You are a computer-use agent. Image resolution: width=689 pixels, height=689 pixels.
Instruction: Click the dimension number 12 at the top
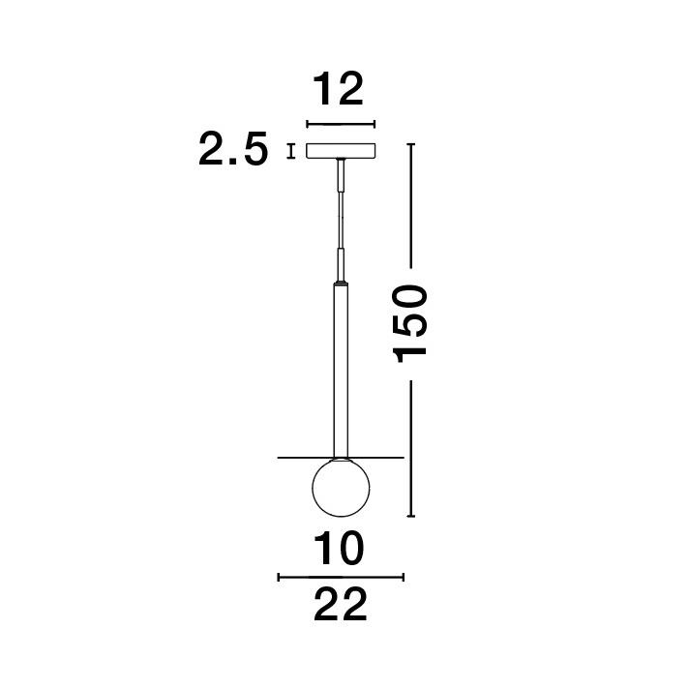[x=339, y=89]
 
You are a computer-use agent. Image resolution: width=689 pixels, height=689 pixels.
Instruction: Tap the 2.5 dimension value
[x=233, y=151]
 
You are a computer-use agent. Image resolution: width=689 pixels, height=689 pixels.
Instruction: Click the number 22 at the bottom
[x=341, y=606]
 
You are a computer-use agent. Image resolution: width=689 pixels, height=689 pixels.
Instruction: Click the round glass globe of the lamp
[x=340, y=490]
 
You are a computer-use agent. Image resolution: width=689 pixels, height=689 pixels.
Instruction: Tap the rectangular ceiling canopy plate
[x=340, y=151]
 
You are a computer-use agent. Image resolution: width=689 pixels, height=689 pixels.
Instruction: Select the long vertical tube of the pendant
[x=340, y=368]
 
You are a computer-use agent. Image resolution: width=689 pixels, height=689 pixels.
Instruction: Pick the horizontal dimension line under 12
[x=340, y=124]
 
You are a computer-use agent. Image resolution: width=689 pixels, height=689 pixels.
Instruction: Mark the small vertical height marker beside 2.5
[x=290, y=151]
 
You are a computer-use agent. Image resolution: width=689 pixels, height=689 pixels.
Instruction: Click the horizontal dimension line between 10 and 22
[x=340, y=577]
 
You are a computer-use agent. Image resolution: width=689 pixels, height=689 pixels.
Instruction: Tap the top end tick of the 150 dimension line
[x=411, y=144]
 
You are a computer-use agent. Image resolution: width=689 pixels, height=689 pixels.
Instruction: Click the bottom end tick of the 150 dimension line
[x=411, y=517]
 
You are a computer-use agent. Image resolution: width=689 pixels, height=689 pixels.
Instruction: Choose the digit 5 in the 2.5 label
[x=252, y=151]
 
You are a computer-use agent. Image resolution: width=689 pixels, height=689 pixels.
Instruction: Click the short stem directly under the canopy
[x=340, y=176]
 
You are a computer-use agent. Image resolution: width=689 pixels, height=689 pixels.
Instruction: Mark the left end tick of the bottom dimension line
[x=279, y=577]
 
